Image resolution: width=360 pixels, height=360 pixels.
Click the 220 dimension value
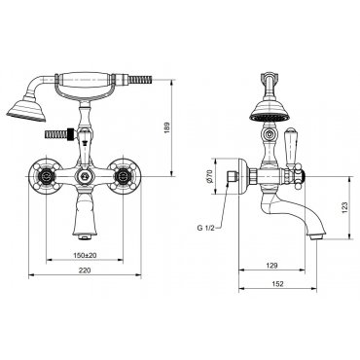[x=85, y=270]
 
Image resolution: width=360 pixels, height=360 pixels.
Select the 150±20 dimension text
[x=85, y=255]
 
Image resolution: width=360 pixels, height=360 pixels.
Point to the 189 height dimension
[x=167, y=128]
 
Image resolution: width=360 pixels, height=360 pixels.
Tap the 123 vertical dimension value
[x=344, y=207]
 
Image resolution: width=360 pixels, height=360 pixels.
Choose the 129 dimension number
[x=271, y=266]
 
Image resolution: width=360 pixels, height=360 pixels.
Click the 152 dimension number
[x=278, y=284]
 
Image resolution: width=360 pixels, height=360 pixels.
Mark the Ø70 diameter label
[x=209, y=176]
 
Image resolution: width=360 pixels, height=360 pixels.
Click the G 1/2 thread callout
[x=206, y=228]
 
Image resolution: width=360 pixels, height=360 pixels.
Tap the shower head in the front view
[x=26, y=109]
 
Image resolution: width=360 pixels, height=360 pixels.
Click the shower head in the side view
[x=269, y=111]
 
